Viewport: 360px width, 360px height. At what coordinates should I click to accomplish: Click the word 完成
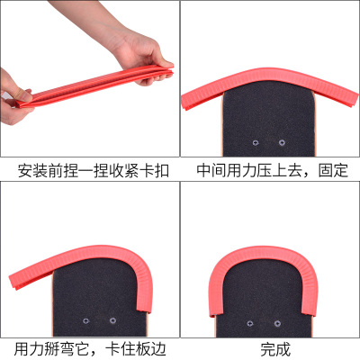click(275, 349)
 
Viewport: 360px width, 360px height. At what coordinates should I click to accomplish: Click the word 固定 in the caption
click(333, 170)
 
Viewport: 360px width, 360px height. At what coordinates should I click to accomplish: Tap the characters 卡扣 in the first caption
click(154, 171)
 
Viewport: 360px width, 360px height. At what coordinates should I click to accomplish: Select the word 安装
click(32, 171)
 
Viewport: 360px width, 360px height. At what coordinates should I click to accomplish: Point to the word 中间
click(211, 170)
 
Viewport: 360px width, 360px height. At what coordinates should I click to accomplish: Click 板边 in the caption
click(151, 349)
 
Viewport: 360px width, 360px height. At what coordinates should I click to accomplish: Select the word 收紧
click(123, 171)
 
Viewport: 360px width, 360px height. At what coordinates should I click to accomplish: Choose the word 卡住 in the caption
click(121, 349)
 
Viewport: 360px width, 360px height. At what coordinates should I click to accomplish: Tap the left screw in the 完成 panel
click(250, 324)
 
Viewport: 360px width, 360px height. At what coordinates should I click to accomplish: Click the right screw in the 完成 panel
click(277, 324)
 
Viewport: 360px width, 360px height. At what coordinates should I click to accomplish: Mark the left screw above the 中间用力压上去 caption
click(256, 142)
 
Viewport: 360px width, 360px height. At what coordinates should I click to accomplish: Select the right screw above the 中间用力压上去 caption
click(282, 142)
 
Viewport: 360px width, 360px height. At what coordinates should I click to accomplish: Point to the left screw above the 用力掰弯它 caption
click(86, 321)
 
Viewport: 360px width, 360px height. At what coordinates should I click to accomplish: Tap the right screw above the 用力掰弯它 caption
click(112, 320)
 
